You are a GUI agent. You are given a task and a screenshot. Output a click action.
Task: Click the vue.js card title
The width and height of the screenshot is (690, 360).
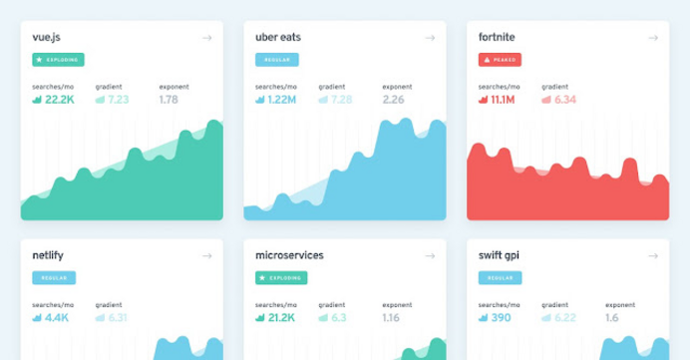(x=47, y=38)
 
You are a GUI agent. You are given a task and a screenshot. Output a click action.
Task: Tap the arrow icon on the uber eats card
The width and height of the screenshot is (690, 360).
(x=430, y=38)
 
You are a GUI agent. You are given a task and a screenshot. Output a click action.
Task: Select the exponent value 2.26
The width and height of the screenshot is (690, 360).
(x=393, y=100)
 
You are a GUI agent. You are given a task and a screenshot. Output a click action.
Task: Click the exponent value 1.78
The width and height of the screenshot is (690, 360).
(x=170, y=100)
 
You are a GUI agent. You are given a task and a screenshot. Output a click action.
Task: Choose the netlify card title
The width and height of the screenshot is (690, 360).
(x=50, y=255)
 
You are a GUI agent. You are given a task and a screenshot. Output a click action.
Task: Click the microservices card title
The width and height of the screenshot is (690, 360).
(x=289, y=255)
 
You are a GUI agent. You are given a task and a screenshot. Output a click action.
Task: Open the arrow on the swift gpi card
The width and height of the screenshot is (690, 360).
(x=653, y=256)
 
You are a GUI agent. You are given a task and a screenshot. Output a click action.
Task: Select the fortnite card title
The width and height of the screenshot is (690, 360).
(x=498, y=38)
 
